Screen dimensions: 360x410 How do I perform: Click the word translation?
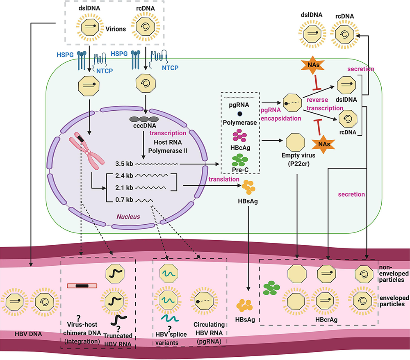[x=223, y=179]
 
